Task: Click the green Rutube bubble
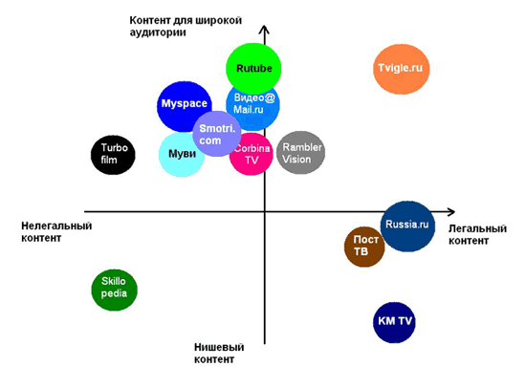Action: click(253, 69)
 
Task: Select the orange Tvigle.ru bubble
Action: click(402, 69)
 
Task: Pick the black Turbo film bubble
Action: click(113, 155)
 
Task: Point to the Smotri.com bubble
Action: click(217, 134)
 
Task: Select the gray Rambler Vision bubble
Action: click(301, 153)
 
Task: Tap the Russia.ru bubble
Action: click(407, 226)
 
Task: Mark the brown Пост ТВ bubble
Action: click(363, 247)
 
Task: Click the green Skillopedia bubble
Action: click(115, 290)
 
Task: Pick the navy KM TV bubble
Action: click(394, 322)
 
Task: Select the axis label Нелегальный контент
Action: click(56, 231)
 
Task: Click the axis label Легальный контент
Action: click(477, 234)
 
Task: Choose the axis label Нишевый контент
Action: click(219, 354)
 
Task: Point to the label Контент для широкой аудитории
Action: click(186, 26)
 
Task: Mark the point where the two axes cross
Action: click(265, 211)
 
